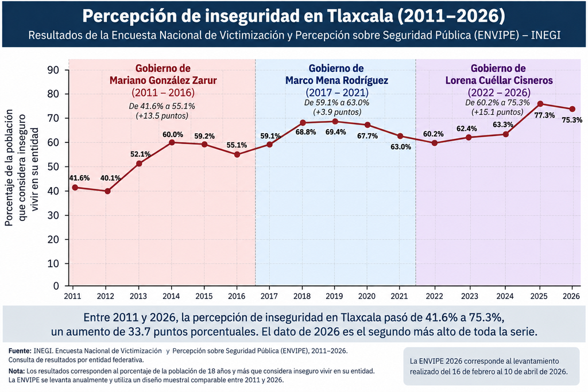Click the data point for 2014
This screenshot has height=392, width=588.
click(x=172, y=142)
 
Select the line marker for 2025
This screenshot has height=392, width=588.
click(x=540, y=104)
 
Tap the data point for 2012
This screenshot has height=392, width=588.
click(x=107, y=191)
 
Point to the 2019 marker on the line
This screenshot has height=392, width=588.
click(x=335, y=122)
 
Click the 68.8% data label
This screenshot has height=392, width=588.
click(x=305, y=132)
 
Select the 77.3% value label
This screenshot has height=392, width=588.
click(x=544, y=115)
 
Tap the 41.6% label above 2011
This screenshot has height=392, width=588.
click(x=79, y=178)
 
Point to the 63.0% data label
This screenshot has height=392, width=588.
click(x=400, y=147)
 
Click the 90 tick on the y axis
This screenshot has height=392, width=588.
click(x=53, y=70)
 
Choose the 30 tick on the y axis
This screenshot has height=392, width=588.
click(x=53, y=215)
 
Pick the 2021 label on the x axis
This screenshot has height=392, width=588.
click(x=399, y=296)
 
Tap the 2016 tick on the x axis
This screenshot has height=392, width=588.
click(x=237, y=296)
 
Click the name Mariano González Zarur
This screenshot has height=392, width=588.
click(x=163, y=80)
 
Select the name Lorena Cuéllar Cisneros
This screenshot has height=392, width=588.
click(x=499, y=80)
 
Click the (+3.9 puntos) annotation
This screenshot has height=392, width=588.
click(x=337, y=112)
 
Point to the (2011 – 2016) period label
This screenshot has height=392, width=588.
click(x=163, y=92)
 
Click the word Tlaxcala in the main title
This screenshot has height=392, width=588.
click(x=360, y=15)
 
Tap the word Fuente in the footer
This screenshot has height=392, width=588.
click(x=20, y=351)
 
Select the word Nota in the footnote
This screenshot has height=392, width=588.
click(x=16, y=371)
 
